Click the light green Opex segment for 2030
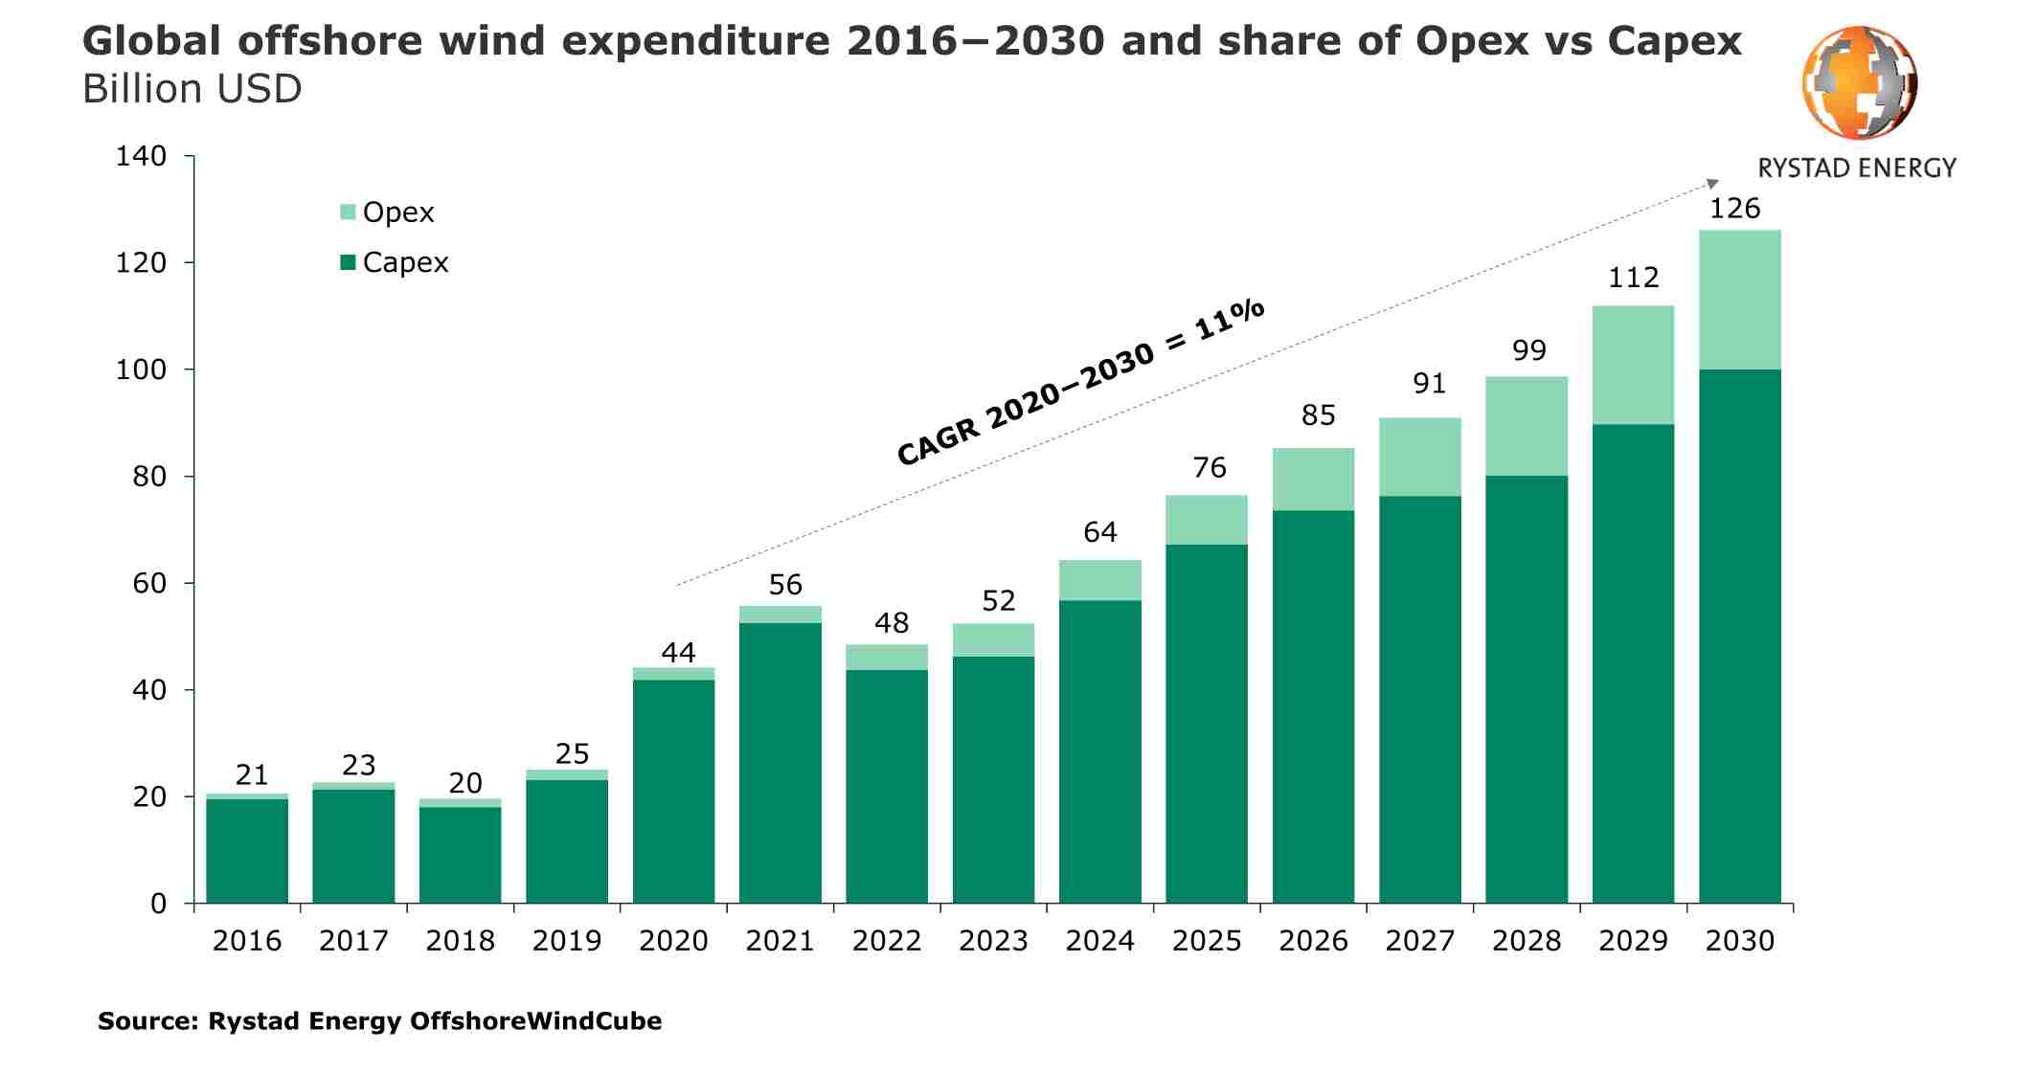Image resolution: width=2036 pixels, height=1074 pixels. (1739, 300)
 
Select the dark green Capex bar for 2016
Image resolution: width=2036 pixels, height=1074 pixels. (247, 850)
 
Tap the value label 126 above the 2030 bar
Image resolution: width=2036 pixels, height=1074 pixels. (1734, 209)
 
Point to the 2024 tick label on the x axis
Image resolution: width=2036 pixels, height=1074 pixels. (1099, 941)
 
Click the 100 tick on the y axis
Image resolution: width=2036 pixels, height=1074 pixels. (141, 369)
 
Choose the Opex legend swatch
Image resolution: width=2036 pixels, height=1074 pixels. (348, 212)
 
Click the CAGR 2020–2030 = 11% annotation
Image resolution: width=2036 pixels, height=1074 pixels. (1080, 382)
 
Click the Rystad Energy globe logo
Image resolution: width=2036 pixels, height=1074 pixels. (1859, 83)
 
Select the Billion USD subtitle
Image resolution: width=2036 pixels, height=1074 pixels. (192, 89)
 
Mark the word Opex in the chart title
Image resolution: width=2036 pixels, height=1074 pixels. (1472, 41)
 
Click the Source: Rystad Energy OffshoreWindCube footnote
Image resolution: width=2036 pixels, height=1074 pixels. (379, 1021)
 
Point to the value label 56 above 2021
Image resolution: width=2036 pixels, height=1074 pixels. (785, 585)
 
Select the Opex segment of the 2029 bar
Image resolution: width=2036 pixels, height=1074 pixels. (1633, 365)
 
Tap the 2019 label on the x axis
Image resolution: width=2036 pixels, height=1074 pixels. (567, 941)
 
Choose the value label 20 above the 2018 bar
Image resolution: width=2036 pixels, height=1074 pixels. (465, 783)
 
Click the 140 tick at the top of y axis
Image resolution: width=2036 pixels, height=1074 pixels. (141, 156)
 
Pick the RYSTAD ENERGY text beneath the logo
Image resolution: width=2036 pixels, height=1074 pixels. (1856, 168)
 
